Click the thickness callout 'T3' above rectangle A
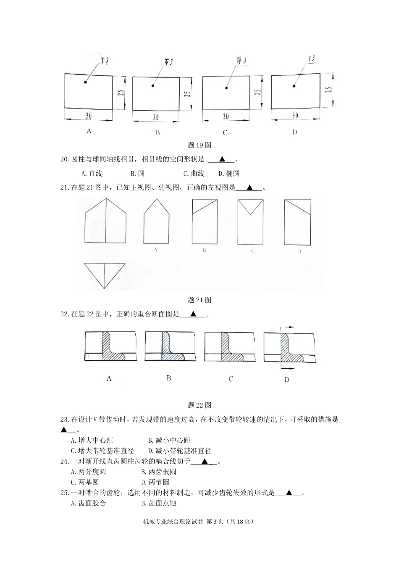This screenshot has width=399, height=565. tap(105, 61)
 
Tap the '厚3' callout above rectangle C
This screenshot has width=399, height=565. tap(241, 61)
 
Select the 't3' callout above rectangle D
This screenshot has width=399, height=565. tap(311, 59)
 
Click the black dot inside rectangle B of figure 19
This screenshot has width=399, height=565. tap(153, 86)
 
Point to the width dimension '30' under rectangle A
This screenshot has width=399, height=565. tap(89, 116)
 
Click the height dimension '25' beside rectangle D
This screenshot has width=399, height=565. tap(328, 90)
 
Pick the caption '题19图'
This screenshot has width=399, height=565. tap(199, 145)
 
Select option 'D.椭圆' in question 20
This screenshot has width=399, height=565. tap(229, 173)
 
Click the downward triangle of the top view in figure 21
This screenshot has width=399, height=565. tap(105, 274)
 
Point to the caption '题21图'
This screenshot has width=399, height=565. tap(199, 300)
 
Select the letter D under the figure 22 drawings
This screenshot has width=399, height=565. tap(286, 380)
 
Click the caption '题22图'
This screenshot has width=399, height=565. tap(199, 405)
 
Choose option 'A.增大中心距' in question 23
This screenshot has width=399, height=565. tap(92, 440)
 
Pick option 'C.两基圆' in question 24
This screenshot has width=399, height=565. tap(85, 482)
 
